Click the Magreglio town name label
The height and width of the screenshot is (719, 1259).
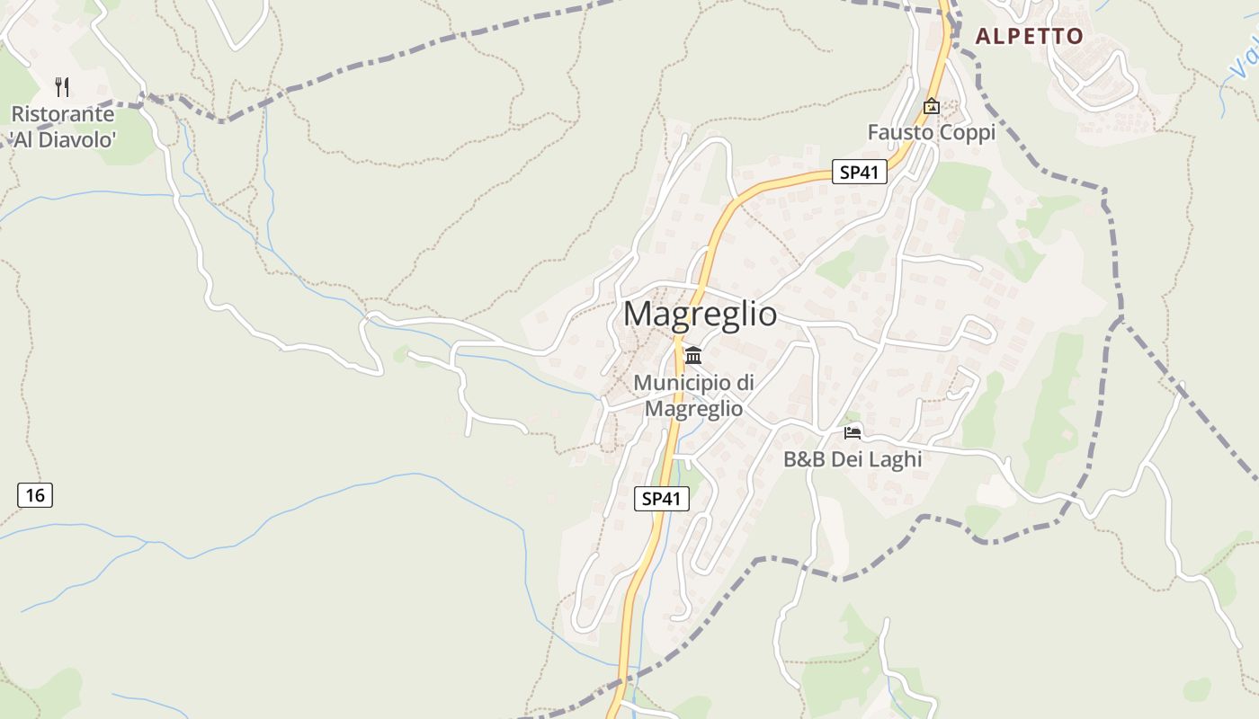[x=700, y=314]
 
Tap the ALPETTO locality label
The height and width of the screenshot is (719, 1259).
[x=1029, y=37]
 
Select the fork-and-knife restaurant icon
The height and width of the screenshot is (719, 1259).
[x=62, y=87]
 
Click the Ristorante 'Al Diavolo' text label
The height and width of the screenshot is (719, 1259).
[x=62, y=127]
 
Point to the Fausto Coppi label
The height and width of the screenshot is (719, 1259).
[x=931, y=133]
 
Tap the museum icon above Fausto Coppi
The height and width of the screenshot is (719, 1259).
[x=931, y=106]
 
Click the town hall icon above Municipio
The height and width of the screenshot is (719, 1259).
[x=693, y=356]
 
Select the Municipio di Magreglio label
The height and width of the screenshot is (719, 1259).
[x=693, y=395]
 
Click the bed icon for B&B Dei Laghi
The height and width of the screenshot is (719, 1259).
[x=853, y=433]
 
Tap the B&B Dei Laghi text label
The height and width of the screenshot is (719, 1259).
[x=853, y=459]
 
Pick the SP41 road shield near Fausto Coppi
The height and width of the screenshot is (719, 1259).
[x=859, y=173]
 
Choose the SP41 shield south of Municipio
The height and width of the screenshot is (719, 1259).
[x=662, y=499]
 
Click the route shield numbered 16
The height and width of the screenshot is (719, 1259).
[x=35, y=495]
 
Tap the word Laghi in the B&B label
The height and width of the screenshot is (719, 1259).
[x=892, y=459]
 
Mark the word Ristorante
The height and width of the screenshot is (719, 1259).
[x=62, y=115]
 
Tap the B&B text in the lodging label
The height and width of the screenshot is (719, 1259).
[x=803, y=459]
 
